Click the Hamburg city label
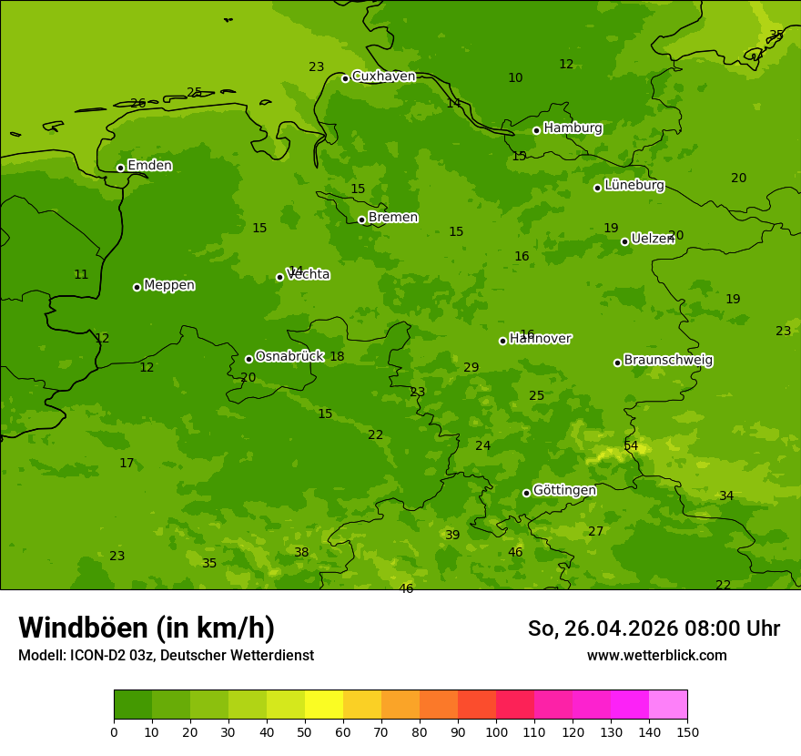tap(573, 128)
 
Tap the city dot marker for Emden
tap(120, 168)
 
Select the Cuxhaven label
tap(383, 77)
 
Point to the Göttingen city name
tap(564, 491)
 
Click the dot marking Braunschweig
tap(617, 363)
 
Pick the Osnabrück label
tap(289, 357)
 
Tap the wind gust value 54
tap(631, 445)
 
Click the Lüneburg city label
tap(634, 185)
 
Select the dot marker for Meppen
tap(137, 287)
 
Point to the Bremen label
tap(393, 218)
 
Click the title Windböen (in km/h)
tap(147, 628)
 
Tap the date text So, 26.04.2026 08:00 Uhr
tap(654, 628)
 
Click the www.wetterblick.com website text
tap(656, 656)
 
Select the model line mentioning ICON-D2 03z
tap(166, 656)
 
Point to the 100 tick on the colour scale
tap(496, 731)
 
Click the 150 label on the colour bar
tap(687, 731)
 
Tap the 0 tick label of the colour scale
tap(114, 731)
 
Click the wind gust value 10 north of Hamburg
tap(515, 78)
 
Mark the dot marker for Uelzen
tap(624, 241)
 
